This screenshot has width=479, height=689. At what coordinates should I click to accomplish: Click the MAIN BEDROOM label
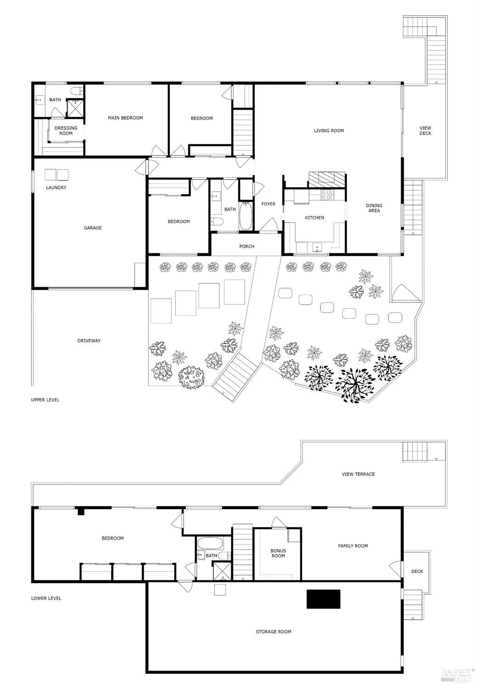[x=125, y=118]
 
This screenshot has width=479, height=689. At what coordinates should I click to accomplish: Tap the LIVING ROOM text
[x=329, y=131]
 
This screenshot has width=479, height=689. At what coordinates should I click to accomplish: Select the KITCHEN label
[x=315, y=218]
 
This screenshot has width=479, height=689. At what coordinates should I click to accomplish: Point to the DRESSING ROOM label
[x=66, y=131]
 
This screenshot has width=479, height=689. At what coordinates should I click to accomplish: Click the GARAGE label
[x=92, y=228]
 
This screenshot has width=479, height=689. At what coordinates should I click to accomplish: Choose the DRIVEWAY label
[x=89, y=341]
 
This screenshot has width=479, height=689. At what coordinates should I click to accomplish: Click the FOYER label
[x=268, y=204]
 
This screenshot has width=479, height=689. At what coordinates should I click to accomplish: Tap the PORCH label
[x=247, y=247]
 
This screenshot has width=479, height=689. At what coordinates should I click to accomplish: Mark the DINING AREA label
[x=374, y=208]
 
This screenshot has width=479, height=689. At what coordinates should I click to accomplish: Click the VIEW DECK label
[x=425, y=131]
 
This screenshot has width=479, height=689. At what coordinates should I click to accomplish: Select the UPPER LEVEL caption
[x=45, y=400]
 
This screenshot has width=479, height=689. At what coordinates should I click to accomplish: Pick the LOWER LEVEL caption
[x=46, y=598]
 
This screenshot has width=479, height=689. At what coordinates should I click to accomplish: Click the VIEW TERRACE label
[x=358, y=474]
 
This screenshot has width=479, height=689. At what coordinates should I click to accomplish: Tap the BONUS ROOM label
[x=278, y=553]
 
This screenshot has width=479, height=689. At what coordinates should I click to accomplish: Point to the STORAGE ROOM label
[x=273, y=632]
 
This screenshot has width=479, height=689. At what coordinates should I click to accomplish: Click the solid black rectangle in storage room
[x=323, y=599]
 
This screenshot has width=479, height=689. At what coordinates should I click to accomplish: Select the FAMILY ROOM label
[x=353, y=546]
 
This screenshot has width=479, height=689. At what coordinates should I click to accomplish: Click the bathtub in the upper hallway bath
[x=246, y=216]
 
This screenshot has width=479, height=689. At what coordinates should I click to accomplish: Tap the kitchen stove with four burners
[x=326, y=195]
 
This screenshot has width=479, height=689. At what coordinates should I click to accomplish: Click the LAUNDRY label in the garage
[x=56, y=188]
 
